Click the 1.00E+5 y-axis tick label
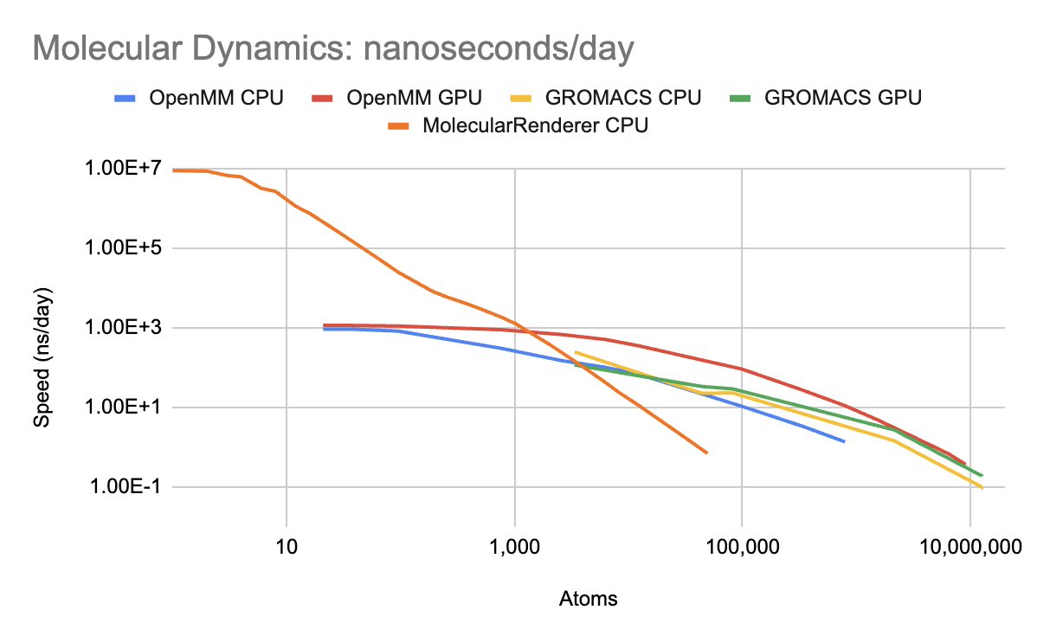click(x=124, y=247)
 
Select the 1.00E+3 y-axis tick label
click(x=124, y=328)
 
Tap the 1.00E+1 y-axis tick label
click(x=124, y=408)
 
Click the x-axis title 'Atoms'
click(x=589, y=599)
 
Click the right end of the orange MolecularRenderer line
click(x=707, y=453)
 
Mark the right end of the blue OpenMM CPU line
click(x=844, y=441)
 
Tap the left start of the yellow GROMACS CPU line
click(x=576, y=352)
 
